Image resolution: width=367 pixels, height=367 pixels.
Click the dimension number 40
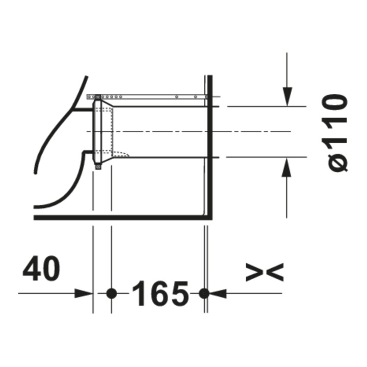(41, 269)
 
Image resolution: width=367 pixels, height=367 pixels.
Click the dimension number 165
(161, 293)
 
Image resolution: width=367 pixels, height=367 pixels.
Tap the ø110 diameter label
(335, 133)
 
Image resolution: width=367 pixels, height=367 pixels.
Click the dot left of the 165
(112, 293)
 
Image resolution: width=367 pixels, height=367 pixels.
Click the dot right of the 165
(204, 293)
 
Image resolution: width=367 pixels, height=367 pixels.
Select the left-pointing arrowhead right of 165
(218, 293)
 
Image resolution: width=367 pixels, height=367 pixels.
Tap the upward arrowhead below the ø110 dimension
(286, 167)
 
